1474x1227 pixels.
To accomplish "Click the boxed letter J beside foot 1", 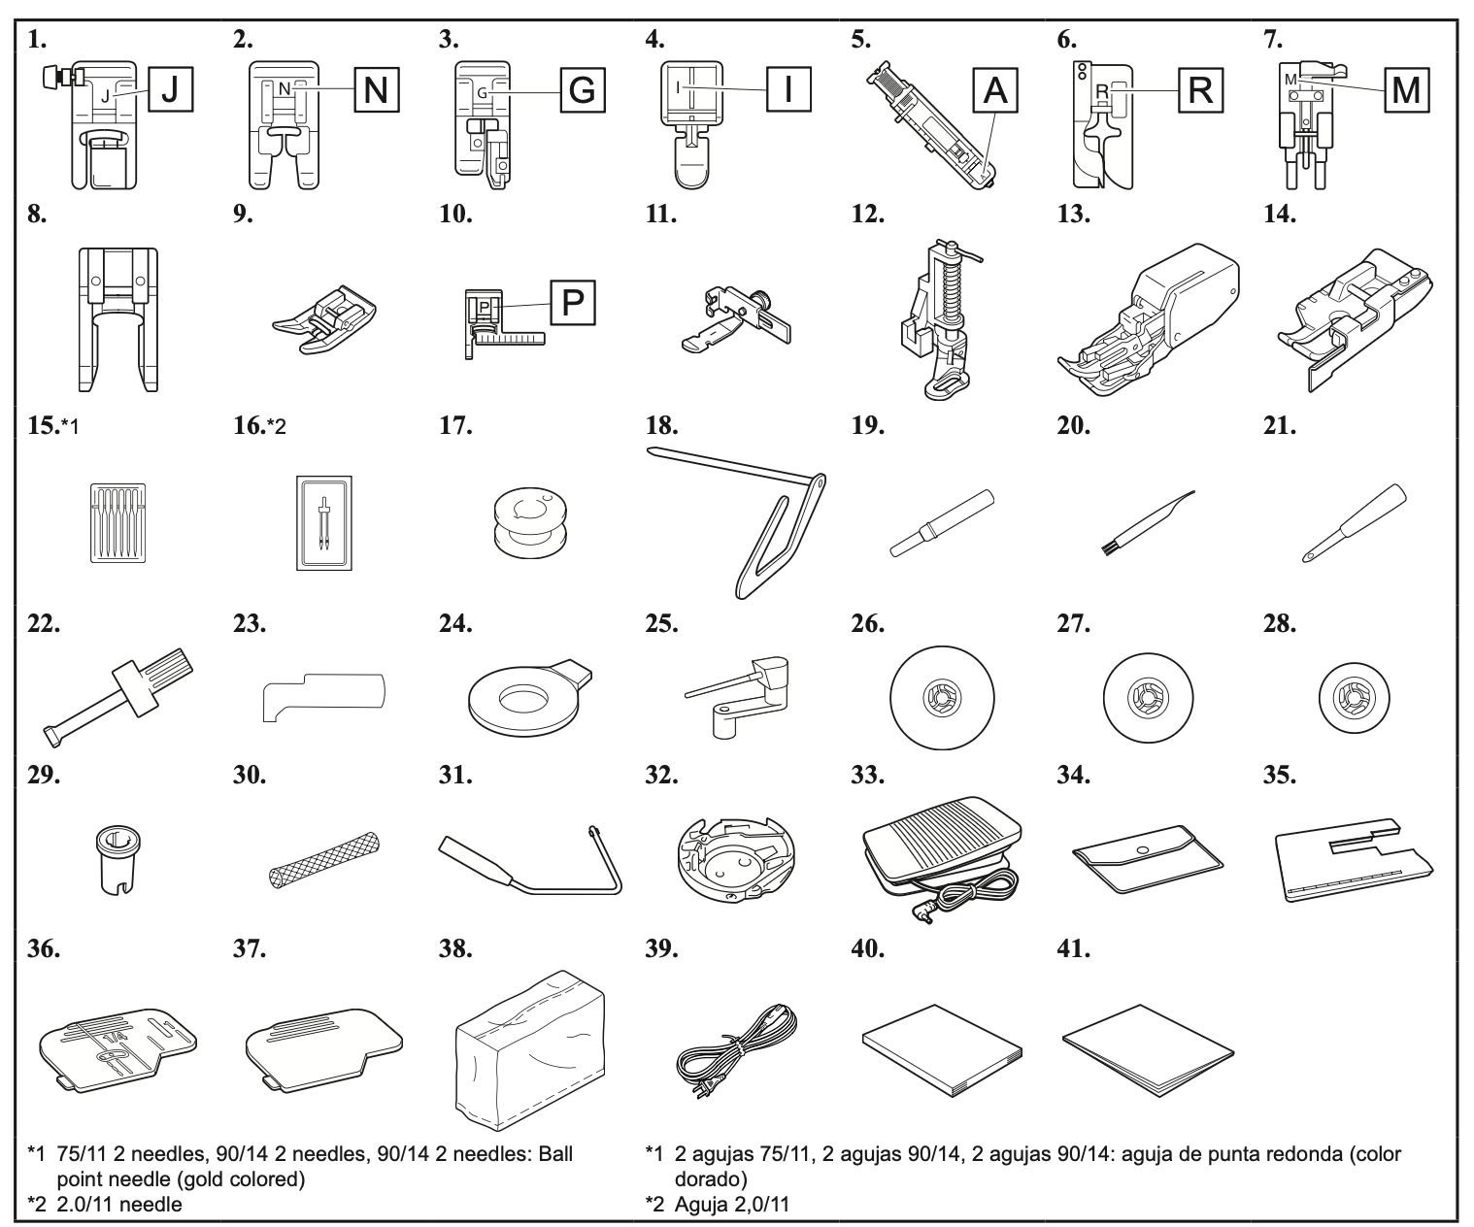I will pyautogui.click(x=169, y=90).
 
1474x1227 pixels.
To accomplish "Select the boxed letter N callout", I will pyautogui.click(x=375, y=90).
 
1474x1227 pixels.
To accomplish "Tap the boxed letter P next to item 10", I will pyautogui.click(x=573, y=303).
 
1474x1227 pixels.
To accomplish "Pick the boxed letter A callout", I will pyautogui.click(x=995, y=90).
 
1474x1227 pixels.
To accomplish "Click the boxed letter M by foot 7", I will pyautogui.click(x=1405, y=90).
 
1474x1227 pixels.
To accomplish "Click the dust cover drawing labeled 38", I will pyautogui.click(x=528, y=1058).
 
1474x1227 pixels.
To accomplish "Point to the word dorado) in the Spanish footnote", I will pyautogui.click(x=710, y=1179).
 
